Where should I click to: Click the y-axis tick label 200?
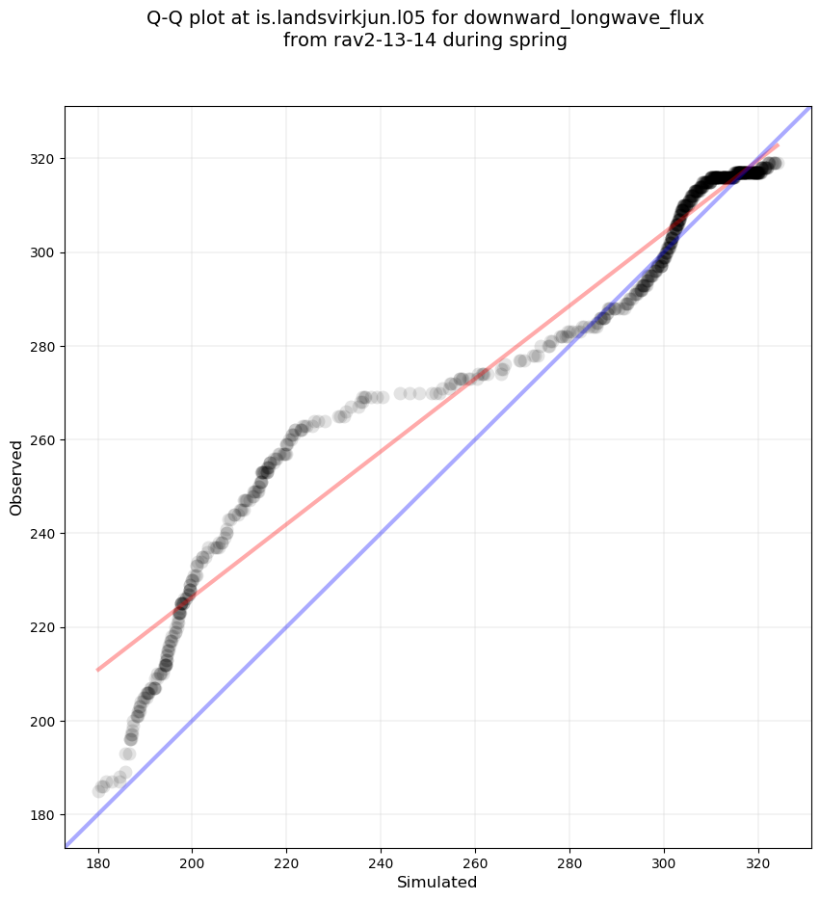tap(44, 722)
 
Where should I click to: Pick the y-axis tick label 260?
tap(44, 440)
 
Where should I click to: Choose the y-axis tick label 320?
tap(44, 159)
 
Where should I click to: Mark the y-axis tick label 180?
tap(44, 815)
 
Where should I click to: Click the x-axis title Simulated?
tap(437, 882)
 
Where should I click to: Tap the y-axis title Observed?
tap(16, 477)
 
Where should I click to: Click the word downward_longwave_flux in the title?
tap(584, 18)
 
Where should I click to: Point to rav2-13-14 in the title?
tap(369, 40)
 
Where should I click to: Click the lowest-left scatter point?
tap(99, 791)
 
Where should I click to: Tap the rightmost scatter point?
tap(777, 164)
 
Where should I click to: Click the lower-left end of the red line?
tap(97, 670)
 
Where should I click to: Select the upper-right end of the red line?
tap(778, 146)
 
